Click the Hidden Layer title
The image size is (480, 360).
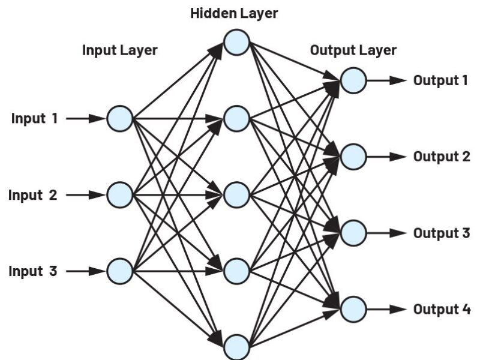tap(234, 13)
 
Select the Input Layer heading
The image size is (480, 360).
tap(119, 50)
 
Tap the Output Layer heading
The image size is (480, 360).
tap(353, 50)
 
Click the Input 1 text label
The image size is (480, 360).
tap(35, 118)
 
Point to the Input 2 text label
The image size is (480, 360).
tap(33, 195)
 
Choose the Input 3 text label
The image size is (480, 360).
tap(33, 271)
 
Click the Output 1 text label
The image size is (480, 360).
tap(440, 80)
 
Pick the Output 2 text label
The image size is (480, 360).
tap(441, 157)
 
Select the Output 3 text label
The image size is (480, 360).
tap(441, 233)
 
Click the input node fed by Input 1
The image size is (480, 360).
tap(119, 118)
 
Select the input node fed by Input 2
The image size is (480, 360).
tap(119, 194)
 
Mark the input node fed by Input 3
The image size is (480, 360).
tap(119, 271)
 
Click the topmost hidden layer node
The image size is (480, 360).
tap(236, 41)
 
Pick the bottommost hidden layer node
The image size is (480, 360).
tap(236, 347)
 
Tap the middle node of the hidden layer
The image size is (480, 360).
tap(236, 194)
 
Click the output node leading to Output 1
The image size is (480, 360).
tap(353, 80)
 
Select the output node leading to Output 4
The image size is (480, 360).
tap(353, 308)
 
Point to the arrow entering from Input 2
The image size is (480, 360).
tap(85, 195)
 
